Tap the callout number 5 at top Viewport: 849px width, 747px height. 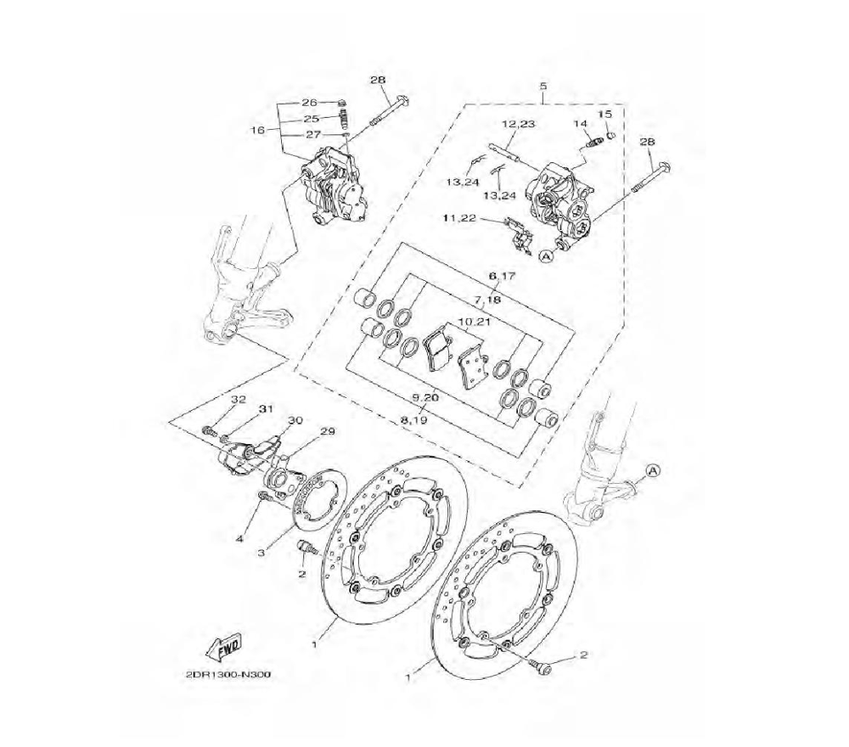pyautogui.click(x=543, y=86)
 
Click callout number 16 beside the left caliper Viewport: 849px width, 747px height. pyautogui.click(x=259, y=130)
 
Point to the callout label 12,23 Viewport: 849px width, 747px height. pyautogui.click(x=518, y=124)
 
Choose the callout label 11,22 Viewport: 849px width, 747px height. pyautogui.click(x=460, y=217)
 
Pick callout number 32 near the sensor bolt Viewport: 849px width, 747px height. pyautogui.click(x=239, y=400)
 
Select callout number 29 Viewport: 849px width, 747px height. pyautogui.click(x=328, y=431)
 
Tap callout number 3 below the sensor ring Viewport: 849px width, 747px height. pyautogui.click(x=261, y=553)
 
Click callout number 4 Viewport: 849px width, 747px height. pyautogui.click(x=240, y=538)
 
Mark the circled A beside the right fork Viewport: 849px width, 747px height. pyautogui.click(x=653, y=470)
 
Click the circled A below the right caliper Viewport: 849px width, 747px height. pyautogui.click(x=546, y=256)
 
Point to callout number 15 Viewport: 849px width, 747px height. pyautogui.click(x=604, y=115)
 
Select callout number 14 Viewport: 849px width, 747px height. pyautogui.click(x=580, y=124)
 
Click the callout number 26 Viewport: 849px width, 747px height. pyautogui.click(x=309, y=103)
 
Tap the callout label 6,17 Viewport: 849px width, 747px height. pyautogui.click(x=502, y=276)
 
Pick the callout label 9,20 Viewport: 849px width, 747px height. pyautogui.click(x=425, y=397)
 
